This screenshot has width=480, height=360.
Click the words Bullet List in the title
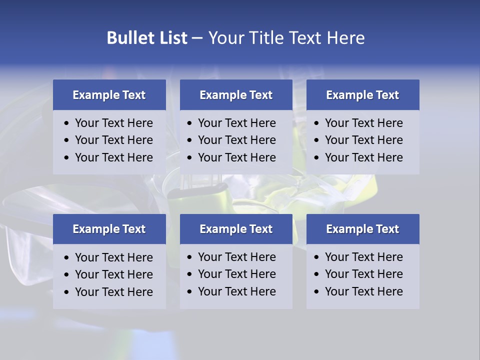click(147, 38)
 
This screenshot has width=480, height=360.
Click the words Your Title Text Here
click(286, 38)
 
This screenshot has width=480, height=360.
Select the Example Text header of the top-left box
click(109, 95)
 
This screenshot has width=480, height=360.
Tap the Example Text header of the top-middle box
click(236, 95)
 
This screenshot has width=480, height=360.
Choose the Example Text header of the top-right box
click(362, 95)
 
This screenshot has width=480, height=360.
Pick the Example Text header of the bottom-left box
click(109, 229)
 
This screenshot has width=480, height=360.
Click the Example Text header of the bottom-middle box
click(236, 229)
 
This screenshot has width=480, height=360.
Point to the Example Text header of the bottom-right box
click(362, 229)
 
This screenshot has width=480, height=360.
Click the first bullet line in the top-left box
click(113, 123)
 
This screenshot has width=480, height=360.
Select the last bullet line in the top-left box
click(113, 157)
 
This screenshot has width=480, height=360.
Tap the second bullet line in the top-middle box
click(236, 140)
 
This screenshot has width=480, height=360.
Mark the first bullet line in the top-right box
click(363, 123)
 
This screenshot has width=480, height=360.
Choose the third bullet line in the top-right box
click(363, 157)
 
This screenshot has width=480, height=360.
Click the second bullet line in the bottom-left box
click(113, 274)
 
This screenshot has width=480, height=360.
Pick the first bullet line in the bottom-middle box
click(236, 257)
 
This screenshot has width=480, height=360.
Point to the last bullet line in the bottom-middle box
click(236, 291)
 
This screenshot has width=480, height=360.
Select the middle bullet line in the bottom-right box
click(363, 274)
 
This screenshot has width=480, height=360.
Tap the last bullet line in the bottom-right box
click(363, 291)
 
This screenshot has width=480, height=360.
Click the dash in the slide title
click(197, 38)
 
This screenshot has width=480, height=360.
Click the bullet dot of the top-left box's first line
click(67, 123)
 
